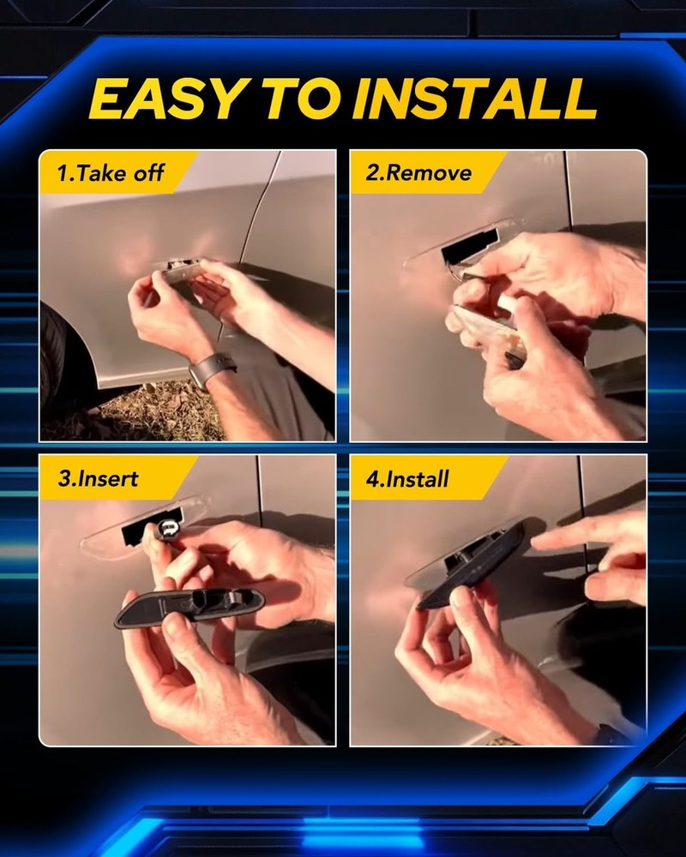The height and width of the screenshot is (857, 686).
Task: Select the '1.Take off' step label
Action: coord(110,173)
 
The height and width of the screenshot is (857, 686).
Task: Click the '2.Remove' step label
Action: coord(418,173)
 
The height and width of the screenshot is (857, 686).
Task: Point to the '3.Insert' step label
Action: coord(98,478)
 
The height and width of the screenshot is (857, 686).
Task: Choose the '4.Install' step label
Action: coord(407,478)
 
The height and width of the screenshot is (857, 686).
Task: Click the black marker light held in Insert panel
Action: coord(190,607)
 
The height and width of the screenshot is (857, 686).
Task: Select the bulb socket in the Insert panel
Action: coord(167,528)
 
